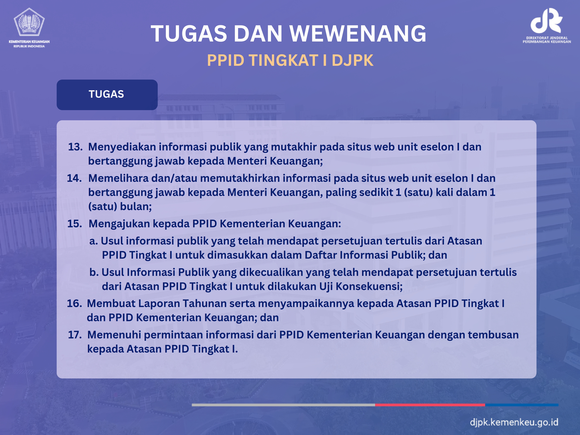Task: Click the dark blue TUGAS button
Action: click(107, 95)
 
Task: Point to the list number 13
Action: click(75, 147)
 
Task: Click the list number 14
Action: click(74, 178)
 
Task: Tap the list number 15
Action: click(74, 224)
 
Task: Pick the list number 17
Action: click(75, 335)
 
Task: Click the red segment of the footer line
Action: click(430, 405)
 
